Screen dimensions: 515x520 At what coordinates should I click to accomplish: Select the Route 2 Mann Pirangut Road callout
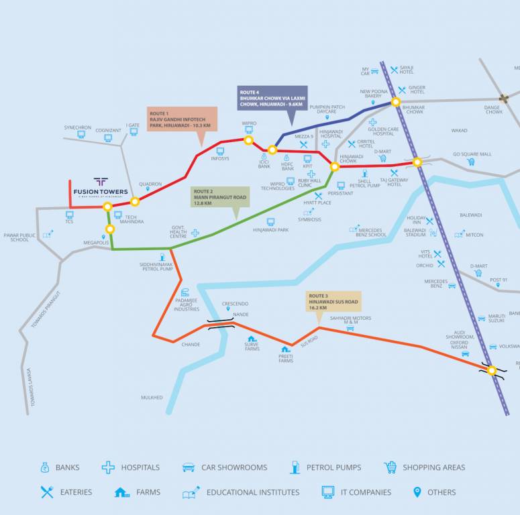click(x=219, y=197)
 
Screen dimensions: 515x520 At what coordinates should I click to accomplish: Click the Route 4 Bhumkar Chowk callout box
click(x=272, y=98)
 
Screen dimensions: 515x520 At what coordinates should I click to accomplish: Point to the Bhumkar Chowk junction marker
click(x=396, y=102)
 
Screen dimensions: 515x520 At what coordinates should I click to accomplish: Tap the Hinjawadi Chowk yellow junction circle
click(x=335, y=166)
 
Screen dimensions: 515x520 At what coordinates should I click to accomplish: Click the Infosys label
click(x=220, y=159)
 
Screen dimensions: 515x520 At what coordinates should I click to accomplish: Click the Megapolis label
click(x=96, y=243)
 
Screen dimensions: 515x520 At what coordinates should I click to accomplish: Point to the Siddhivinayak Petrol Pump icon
click(x=162, y=257)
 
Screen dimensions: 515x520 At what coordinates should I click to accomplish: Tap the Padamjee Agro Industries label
click(x=187, y=306)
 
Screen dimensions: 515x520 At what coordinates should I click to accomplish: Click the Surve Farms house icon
click(x=252, y=339)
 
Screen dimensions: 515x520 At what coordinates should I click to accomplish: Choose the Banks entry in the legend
click(x=60, y=467)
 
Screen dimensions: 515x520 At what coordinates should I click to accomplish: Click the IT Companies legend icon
click(x=328, y=492)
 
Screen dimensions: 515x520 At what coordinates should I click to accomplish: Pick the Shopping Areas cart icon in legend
click(x=390, y=467)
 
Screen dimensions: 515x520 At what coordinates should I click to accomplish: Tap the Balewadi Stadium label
click(x=415, y=233)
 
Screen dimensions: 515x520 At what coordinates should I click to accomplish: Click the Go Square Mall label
click(x=472, y=154)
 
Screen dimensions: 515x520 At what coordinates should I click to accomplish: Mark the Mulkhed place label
click(x=152, y=398)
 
